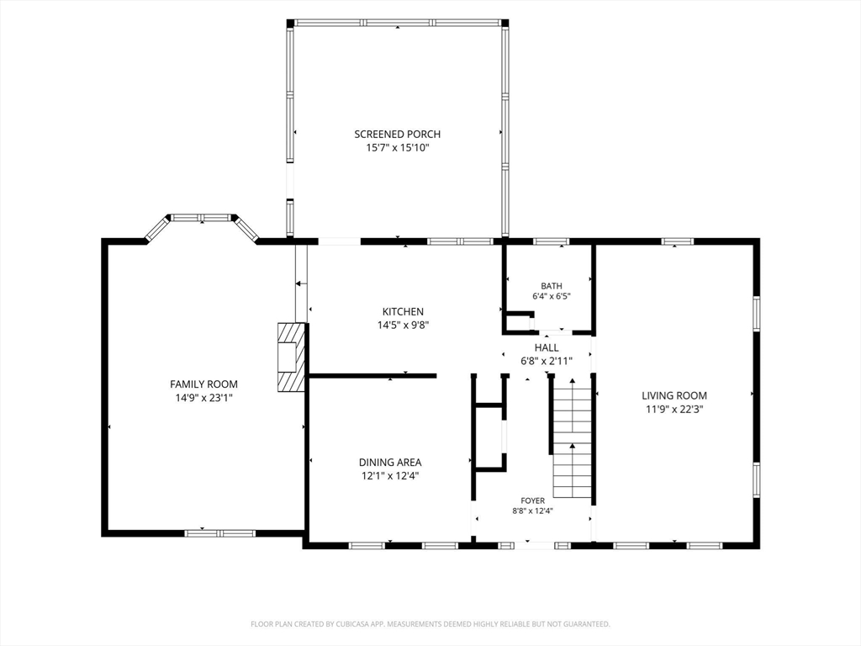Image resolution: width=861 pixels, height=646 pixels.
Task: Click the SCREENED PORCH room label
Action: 397,134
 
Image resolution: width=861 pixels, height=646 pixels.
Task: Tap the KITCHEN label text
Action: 403,311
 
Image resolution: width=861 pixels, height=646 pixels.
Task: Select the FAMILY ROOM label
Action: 203,384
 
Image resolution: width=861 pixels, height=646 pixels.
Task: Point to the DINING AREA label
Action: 390,463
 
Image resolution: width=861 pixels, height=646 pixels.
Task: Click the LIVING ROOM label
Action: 674,395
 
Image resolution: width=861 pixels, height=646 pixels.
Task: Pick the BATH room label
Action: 552,286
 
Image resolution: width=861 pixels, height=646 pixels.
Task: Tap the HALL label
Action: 547,347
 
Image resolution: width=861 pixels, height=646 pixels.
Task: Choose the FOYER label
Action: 532,501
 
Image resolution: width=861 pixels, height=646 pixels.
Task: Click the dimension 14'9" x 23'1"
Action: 203,398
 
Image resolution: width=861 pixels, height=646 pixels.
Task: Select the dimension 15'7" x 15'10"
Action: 397,148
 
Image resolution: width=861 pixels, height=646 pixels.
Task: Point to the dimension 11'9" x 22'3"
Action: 674,410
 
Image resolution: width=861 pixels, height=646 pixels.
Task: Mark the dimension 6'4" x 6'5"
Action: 552,296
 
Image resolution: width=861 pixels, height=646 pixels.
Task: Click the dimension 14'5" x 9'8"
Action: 403,326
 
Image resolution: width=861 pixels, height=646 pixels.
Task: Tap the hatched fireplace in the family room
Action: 291,357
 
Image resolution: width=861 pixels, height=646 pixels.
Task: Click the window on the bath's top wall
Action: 552,241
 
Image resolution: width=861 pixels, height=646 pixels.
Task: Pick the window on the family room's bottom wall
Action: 219,532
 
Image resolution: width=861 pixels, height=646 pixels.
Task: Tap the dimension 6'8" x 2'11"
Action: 547,362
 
